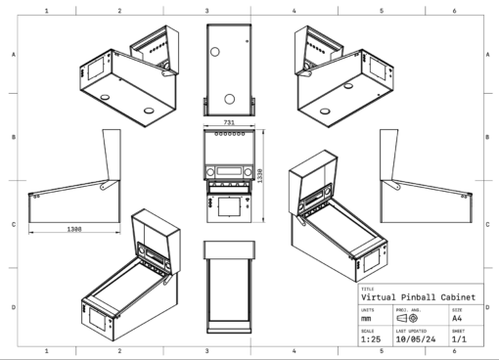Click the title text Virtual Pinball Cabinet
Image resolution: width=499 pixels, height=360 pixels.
(418, 298)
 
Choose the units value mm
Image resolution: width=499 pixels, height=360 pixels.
(367, 318)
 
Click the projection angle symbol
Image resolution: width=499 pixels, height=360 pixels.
(410, 318)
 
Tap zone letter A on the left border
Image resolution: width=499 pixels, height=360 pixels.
(12, 55)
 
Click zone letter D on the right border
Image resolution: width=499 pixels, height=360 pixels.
(487, 307)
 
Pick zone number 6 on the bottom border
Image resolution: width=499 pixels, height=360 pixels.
(453, 349)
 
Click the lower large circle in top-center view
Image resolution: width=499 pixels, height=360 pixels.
(227, 99)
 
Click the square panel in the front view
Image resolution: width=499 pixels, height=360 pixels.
(227, 206)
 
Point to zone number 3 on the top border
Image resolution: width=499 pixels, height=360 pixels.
(207, 10)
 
